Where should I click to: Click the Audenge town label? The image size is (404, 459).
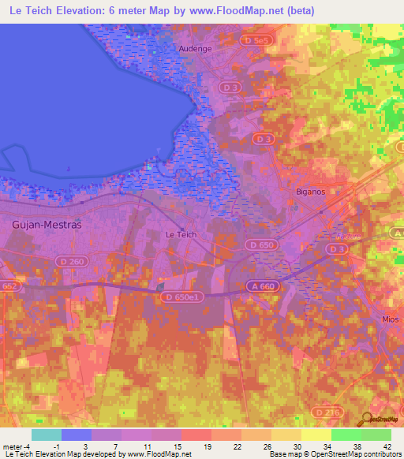click(x=196, y=48)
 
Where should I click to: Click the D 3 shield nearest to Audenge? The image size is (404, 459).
click(x=230, y=86)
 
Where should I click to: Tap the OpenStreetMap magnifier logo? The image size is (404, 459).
click(x=365, y=418)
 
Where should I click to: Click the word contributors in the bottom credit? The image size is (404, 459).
click(x=381, y=454)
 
